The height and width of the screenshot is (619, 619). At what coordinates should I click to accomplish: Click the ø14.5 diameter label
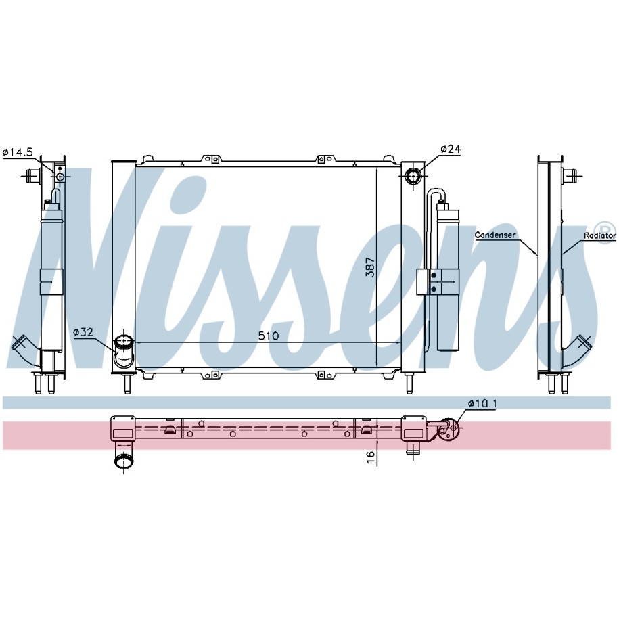pos(18,152)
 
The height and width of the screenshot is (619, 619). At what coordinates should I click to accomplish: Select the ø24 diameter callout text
pos(451,149)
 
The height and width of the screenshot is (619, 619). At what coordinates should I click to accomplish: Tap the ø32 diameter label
pos(83,332)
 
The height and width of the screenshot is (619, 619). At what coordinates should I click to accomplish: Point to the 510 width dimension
pos(269,336)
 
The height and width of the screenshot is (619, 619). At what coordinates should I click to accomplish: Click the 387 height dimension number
pos(370,267)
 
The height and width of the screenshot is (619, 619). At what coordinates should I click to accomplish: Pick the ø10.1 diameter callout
pos(482,403)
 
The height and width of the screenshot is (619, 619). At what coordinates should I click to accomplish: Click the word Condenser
pos(495,235)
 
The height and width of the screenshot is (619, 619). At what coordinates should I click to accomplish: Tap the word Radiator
pos(600,235)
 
